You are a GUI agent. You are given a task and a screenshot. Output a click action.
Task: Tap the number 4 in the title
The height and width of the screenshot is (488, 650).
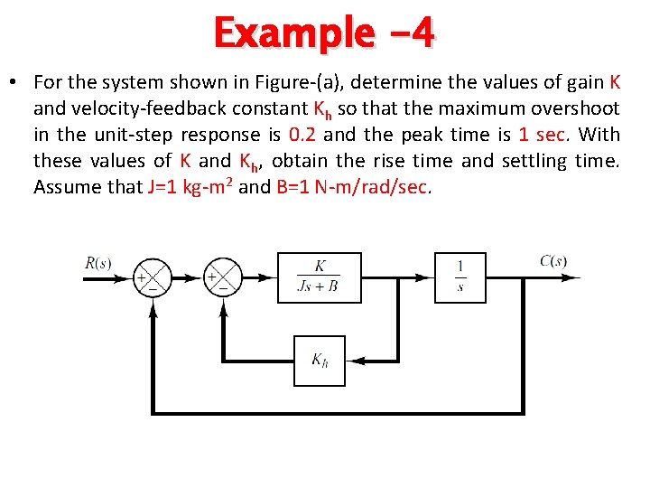pyautogui.click(x=422, y=33)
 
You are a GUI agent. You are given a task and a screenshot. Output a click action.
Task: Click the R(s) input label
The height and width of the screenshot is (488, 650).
pyautogui.click(x=98, y=263)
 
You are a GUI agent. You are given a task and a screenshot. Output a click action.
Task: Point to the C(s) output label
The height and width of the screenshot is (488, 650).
pyautogui.click(x=553, y=262)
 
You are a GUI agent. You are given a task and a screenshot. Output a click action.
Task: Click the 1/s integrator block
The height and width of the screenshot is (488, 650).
pyautogui.click(x=460, y=277)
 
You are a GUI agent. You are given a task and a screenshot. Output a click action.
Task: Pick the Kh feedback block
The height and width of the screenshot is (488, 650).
pyautogui.click(x=320, y=361)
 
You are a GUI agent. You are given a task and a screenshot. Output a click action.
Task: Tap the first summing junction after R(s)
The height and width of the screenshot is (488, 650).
pyautogui.click(x=153, y=277)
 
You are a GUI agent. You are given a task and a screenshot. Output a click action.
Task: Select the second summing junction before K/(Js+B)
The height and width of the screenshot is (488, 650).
pyautogui.click(x=222, y=277)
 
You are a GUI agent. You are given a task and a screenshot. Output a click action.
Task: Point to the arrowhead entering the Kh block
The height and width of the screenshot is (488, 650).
pyautogui.click(x=355, y=361)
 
